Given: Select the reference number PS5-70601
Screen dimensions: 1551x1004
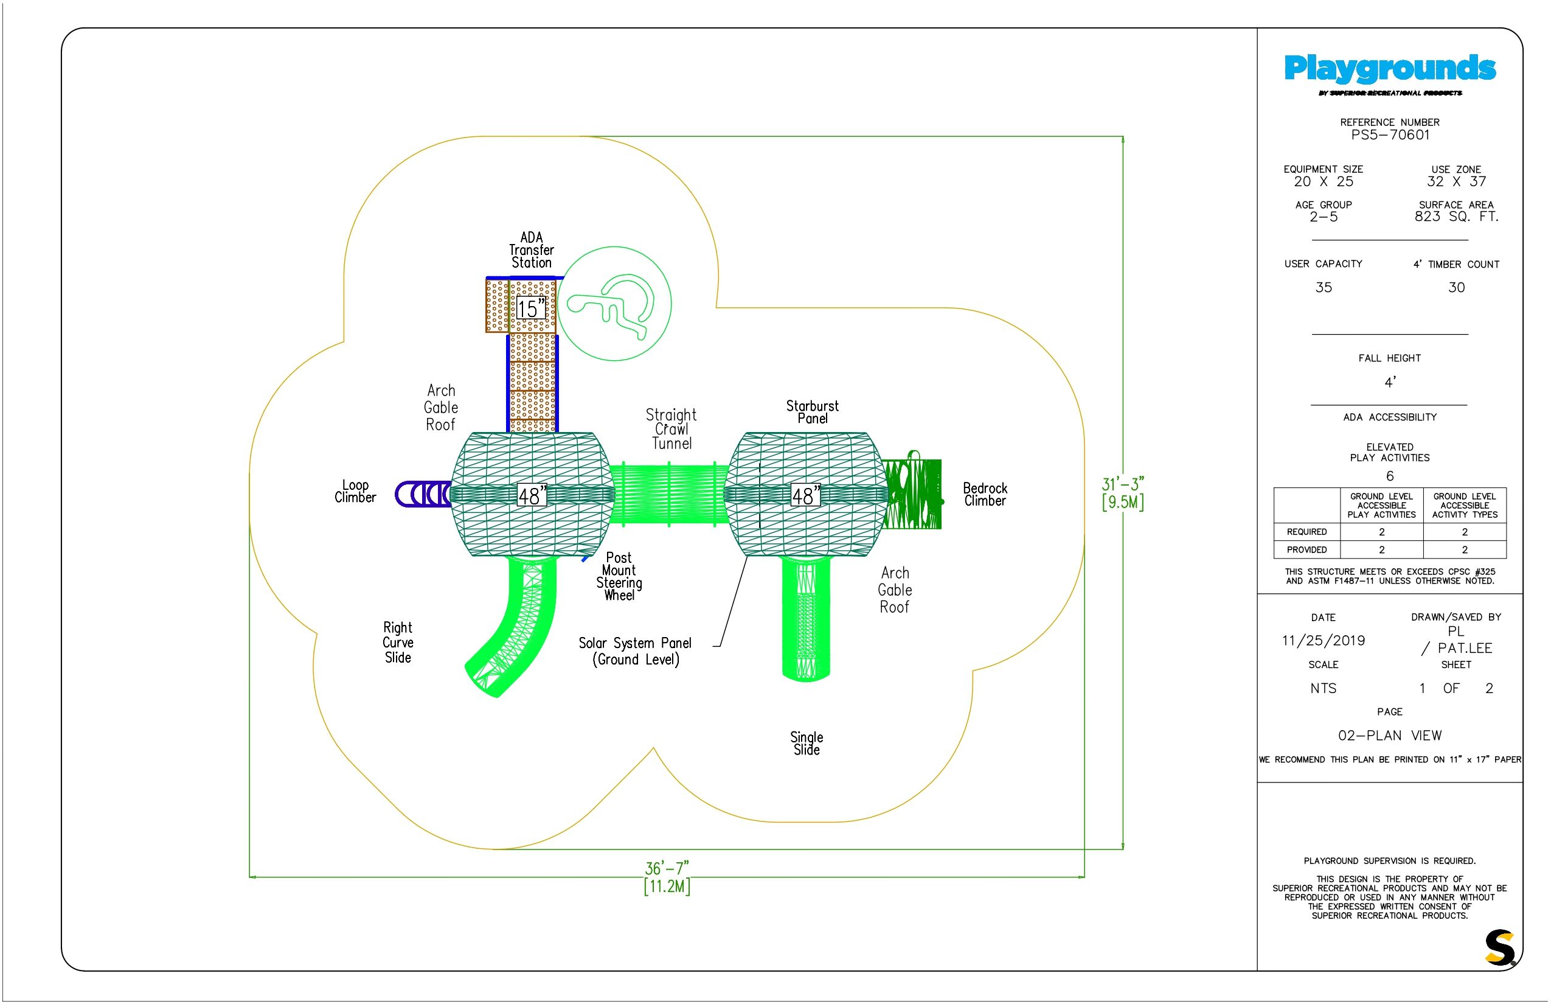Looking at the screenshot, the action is pos(1390,135).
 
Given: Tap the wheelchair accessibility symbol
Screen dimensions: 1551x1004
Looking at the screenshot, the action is pos(614,304).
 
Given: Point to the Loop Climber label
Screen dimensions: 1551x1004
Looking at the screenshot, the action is pos(355,491).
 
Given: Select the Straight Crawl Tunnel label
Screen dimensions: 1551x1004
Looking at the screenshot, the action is pos(671,429).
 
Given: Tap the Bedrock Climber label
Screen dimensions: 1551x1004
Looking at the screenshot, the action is pos(985,494).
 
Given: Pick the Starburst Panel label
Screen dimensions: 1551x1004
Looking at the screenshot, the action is pos(812,412).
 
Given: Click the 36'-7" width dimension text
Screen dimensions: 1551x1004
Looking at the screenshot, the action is pos(667,868).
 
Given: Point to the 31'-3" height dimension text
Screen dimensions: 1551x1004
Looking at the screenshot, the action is pos(1123,484).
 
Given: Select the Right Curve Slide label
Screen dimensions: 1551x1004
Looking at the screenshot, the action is pos(398,642).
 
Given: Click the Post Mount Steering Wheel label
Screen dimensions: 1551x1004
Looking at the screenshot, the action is pos(619,576).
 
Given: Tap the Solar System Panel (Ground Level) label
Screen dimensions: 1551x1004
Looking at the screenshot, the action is pos(636,651).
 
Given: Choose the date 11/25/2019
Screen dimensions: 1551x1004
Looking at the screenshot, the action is pos(1323,641).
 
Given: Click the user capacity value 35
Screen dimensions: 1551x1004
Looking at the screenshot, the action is pos(1324,287).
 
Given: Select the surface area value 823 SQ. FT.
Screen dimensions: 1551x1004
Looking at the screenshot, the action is pos(1457,217).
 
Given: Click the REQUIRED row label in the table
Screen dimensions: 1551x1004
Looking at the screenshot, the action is pos(1306,532).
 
